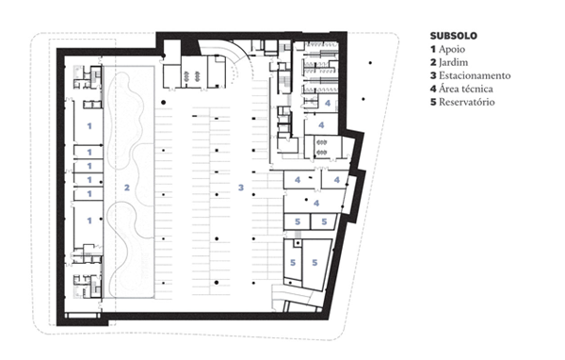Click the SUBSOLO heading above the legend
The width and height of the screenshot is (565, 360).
[x=453, y=36]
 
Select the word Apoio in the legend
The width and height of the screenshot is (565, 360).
[x=452, y=49]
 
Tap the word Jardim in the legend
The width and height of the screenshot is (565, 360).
[x=453, y=62]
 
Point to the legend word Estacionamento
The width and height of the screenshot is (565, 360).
[x=475, y=75]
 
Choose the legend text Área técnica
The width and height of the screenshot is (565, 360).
[x=465, y=89]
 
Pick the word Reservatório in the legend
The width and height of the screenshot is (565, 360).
[x=467, y=102]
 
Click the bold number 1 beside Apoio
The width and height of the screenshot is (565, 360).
[x=433, y=49]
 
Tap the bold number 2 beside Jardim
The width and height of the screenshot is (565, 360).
[x=433, y=62]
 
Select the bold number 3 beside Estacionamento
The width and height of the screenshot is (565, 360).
[x=433, y=75]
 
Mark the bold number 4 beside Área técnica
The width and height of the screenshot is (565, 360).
[x=433, y=89]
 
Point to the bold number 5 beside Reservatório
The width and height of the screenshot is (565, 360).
[x=433, y=102]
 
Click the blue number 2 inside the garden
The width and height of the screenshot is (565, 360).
[x=127, y=188]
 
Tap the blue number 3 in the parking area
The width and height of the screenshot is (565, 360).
[x=241, y=188]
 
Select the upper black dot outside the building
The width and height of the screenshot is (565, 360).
[x=370, y=63]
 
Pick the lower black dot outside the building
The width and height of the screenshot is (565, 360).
[x=363, y=99]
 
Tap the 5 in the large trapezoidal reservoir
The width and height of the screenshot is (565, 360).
[x=315, y=263]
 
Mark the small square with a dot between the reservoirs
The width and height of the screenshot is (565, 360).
[x=298, y=243]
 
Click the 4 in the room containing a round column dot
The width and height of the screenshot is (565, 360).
[x=316, y=204]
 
